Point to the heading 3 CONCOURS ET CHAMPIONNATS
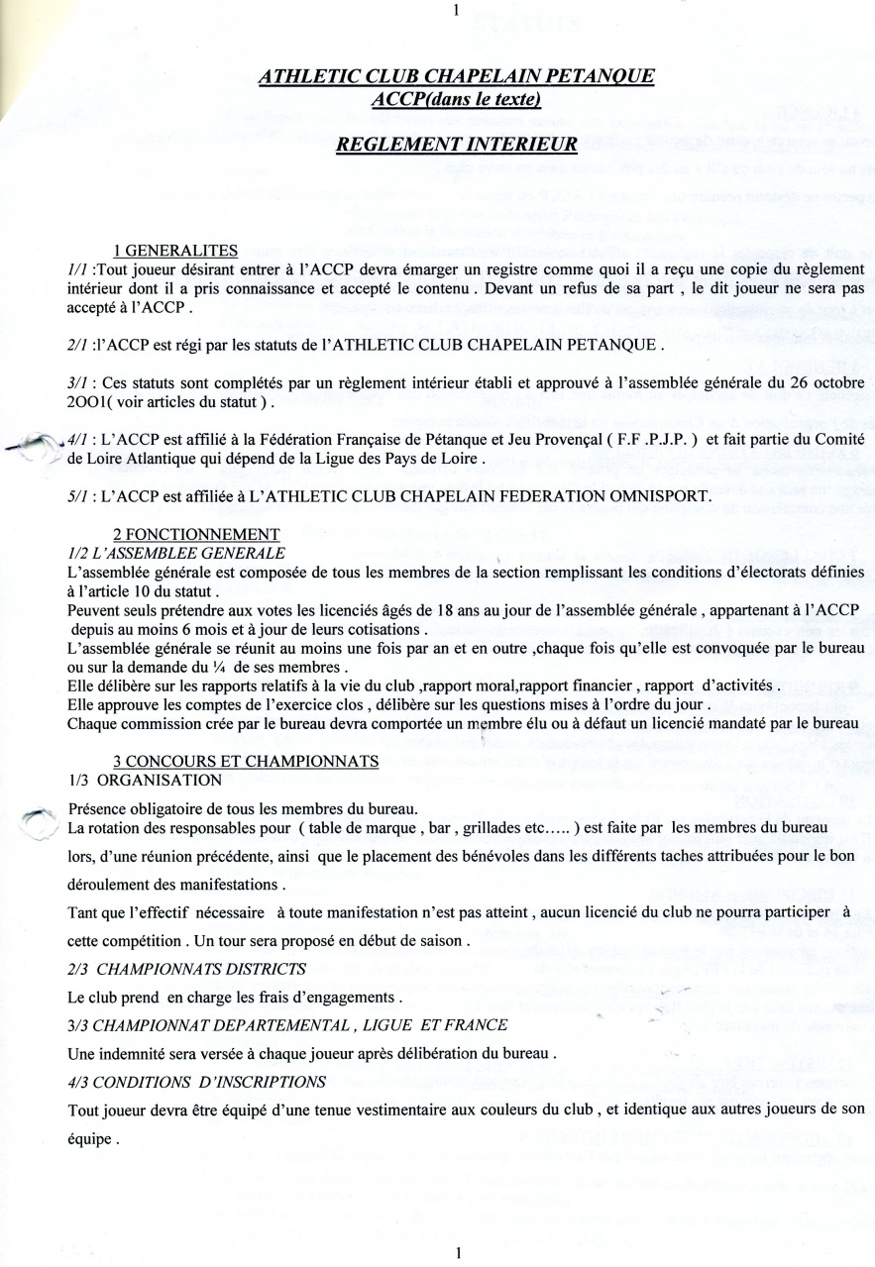click(246, 761)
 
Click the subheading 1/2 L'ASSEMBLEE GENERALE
click(175, 553)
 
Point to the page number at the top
click(455, 11)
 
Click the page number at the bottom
click(458, 1252)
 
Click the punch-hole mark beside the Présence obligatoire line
click(38, 821)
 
